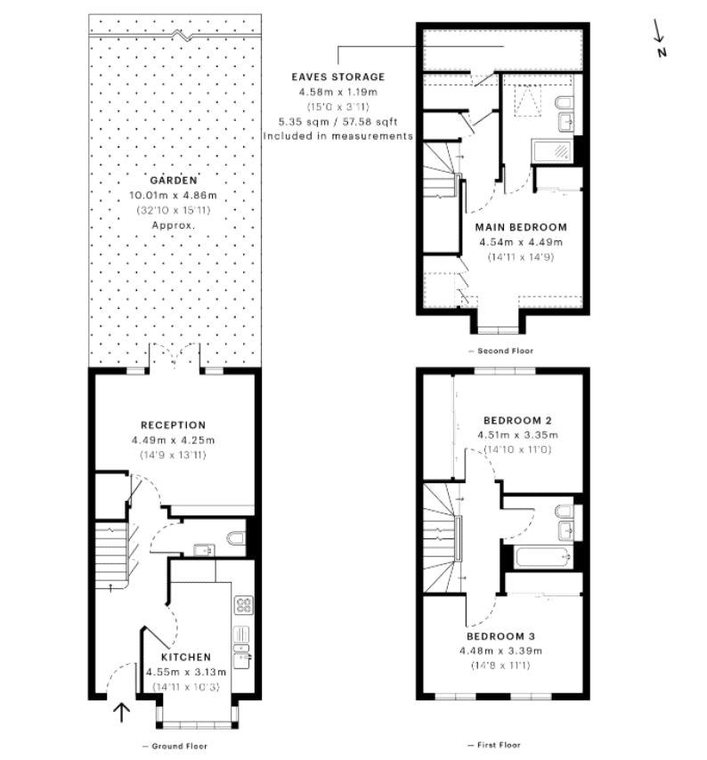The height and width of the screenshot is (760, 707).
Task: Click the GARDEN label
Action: [174, 181]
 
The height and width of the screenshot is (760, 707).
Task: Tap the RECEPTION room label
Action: [173, 425]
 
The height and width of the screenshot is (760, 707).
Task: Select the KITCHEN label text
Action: [186, 658]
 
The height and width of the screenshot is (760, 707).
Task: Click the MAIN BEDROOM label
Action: [521, 227]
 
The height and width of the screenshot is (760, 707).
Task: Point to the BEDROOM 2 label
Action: [517, 420]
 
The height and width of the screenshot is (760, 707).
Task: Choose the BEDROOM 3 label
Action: [501, 636]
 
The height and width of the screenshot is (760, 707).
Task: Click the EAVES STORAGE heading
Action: [338, 77]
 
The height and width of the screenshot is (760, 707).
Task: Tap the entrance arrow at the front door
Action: [121, 713]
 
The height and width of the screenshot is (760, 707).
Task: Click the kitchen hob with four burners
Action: [243, 605]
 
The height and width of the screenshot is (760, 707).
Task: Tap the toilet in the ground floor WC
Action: [236, 538]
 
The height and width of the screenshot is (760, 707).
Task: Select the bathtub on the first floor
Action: [544, 557]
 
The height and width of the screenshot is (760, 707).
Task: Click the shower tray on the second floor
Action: [552, 150]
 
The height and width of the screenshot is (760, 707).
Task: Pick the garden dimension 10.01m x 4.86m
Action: [173, 195]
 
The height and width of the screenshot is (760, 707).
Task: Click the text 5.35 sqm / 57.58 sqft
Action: [338, 121]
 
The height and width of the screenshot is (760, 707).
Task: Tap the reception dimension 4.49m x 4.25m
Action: [173, 441]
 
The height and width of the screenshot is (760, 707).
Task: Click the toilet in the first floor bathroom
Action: [564, 512]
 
